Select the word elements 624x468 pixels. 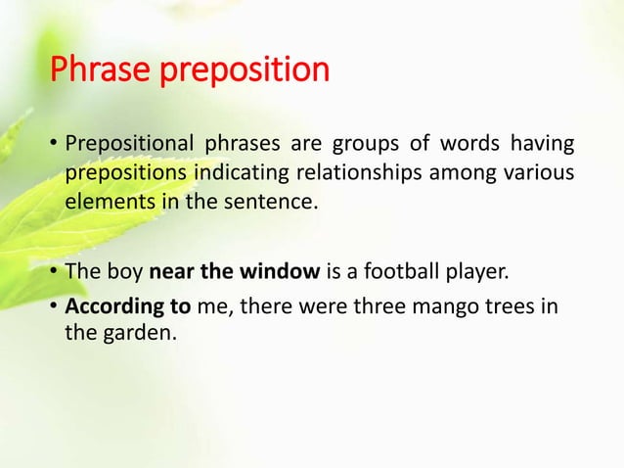pos(104,207)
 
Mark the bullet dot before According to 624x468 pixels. pos(53,305)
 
